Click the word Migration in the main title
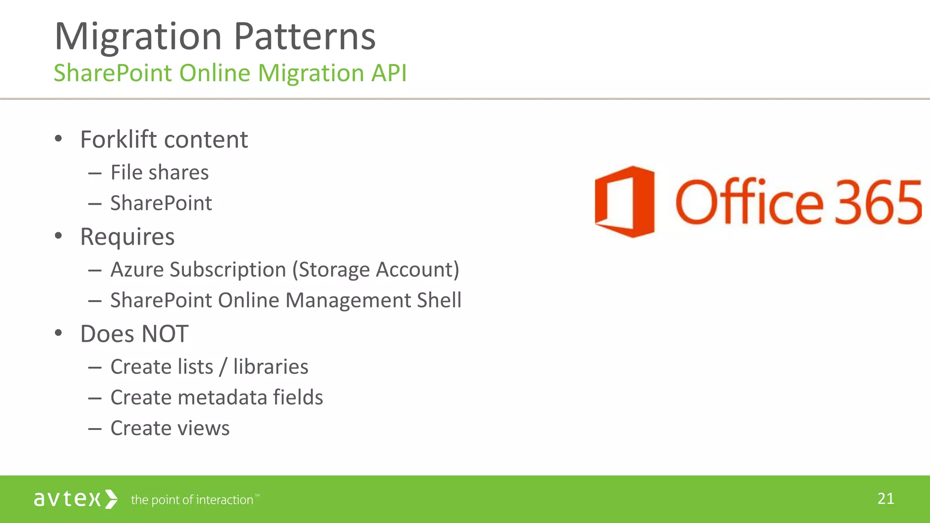pyautogui.click(x=138, y=36)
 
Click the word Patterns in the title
pyautogui.click(x=305, y=36)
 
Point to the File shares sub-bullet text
pyautogui.click(x=159, y=173)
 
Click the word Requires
pyautogui.click(x=127, y=237)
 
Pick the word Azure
pyautogui.click(x=137, y=270)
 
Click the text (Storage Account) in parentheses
pyautogui.click(x=376, y=270)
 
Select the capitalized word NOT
pyautogui.click(x=165, y=334)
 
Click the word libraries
pyautogui.click(x=271, y=367)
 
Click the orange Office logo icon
pyautogui.click(x=625, y=201)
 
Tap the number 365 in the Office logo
pyautogui.click(x=879, y=202)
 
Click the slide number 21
pyautogui.click(x=885, y=499)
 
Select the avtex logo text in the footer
pyautogui.click(x=67, y=499)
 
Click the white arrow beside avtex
pyautogui.click(x=111, y=499)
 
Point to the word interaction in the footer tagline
pyautogui.click(x=224, y=500)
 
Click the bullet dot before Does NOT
pyautogui.click(x=58, y=333)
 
